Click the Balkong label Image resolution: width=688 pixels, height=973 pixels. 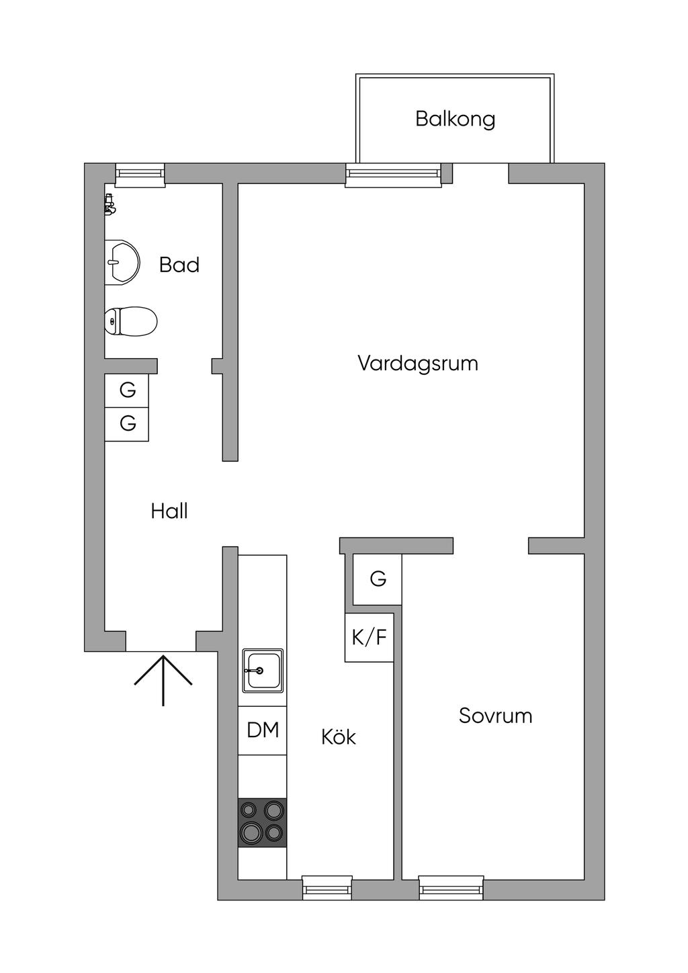[x=455, y=119]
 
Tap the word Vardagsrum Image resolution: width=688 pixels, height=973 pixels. [x=417, y=364]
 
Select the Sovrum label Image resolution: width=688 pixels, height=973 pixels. [x=495, y=716]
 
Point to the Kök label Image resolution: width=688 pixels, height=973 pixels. [x=338, y=737]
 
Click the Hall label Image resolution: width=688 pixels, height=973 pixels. [x=169, y=511]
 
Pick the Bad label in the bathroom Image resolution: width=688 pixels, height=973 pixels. [x=179, y=265]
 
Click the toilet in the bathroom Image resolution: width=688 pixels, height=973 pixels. [x=131, y=321]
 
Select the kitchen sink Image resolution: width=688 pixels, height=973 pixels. [x=262, y=670]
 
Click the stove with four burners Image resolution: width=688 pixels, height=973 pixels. [x=262, y=822]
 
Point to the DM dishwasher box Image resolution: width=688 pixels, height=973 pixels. [x=263, y=730]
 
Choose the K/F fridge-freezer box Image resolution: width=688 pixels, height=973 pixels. [x=369, y=637]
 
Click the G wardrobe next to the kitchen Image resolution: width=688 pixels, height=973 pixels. [x=378, y=579]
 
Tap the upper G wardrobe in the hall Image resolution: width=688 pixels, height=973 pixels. [x=127, y=390]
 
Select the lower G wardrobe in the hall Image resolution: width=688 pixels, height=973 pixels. [x=127, y=424]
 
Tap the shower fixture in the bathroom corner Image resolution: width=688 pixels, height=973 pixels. [x=110, y=204]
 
